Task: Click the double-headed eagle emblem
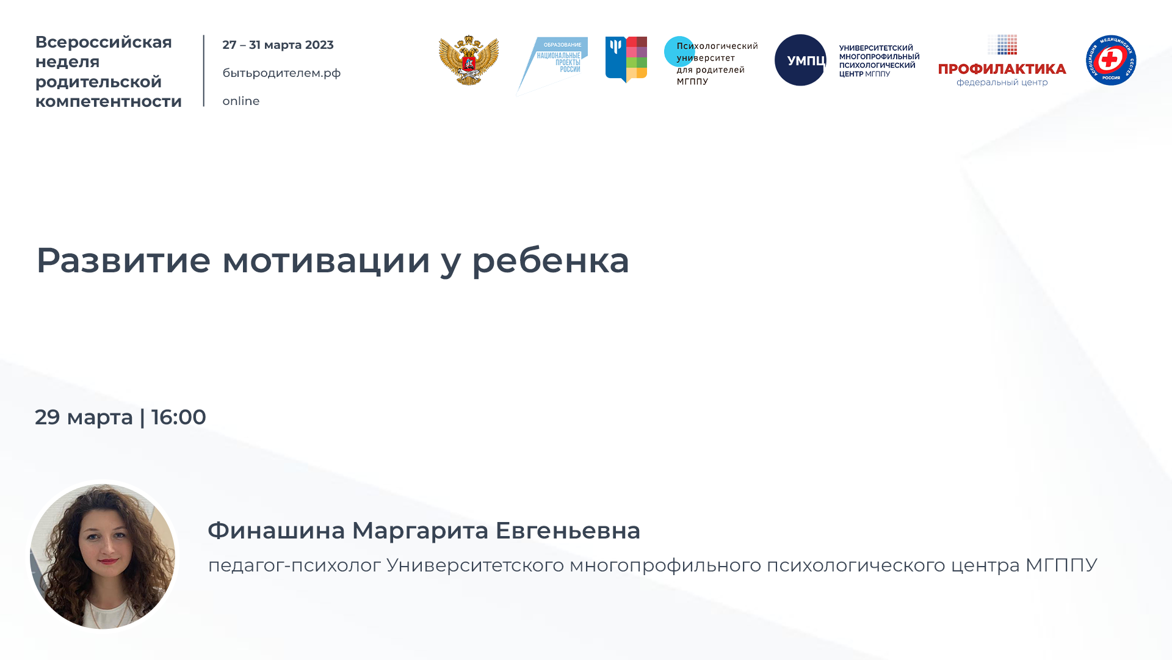468,60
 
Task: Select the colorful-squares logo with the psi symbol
626,59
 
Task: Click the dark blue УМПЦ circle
800,60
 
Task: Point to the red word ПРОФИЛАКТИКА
1002,69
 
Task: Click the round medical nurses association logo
1110,60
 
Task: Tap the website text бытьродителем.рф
281,73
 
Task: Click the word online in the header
241,101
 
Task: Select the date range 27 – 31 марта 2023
278,45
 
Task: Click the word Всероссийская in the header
103,42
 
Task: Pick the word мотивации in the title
326,260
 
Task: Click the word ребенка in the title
550,260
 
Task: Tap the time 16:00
178,418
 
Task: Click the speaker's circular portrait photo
103,556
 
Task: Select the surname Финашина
276,531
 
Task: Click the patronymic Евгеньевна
567,531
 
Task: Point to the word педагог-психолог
294,565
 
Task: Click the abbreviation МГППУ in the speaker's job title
1061,565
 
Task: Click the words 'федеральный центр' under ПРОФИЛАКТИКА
1002,82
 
